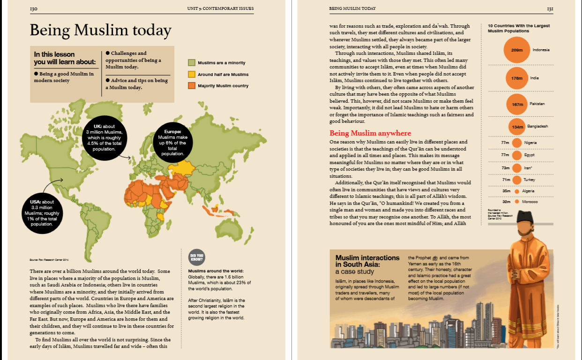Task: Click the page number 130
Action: (33, 9)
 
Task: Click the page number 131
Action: (550, 9)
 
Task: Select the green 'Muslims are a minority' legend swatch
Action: (192, 63)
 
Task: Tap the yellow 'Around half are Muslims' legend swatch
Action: (192, 75)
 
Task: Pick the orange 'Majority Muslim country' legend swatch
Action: (192, 86)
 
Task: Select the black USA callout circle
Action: (42, 213)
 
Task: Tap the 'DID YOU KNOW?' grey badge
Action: (196, 257)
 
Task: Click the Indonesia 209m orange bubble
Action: (517, 50)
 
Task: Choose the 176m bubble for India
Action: (517, 78)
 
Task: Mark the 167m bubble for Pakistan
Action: (517, 105)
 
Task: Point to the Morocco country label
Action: (530, 202)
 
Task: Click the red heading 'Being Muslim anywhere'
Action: (370, 133)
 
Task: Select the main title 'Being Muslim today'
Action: (100, 30)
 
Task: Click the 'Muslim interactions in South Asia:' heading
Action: (367, 261)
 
